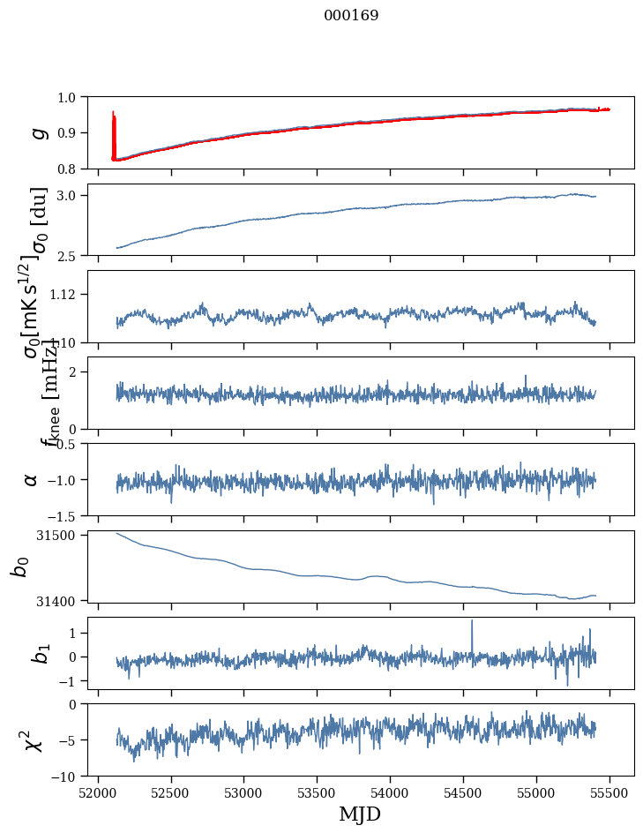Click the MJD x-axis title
click(x=360, y=814)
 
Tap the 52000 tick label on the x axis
click(x=97, y=793)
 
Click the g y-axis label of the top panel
click(x=37, y=132)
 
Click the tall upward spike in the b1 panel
click(x=472, y=623)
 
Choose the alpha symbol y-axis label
click(x=32, y=479)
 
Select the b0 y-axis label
click(x=19, y=566)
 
